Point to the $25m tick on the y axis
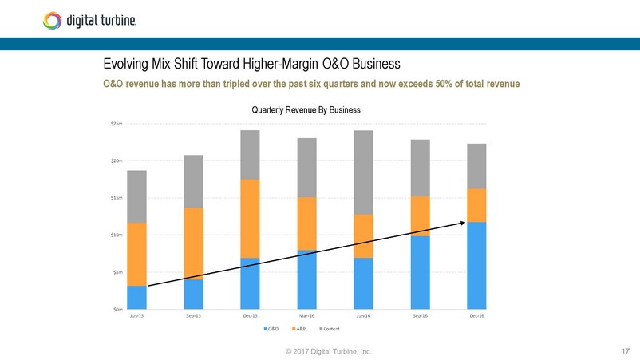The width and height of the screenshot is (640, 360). (x=117, y=124)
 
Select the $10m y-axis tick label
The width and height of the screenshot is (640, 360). (x=117, y=235)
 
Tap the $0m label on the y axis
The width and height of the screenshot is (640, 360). (x=117, y=308)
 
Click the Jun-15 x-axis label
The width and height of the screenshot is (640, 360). (x=136, y=316)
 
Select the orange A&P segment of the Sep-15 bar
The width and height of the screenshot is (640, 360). (x=193, y=243)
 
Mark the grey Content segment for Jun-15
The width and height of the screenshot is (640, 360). (x=136, y=196)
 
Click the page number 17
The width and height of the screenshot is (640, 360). (x=625, y=350)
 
